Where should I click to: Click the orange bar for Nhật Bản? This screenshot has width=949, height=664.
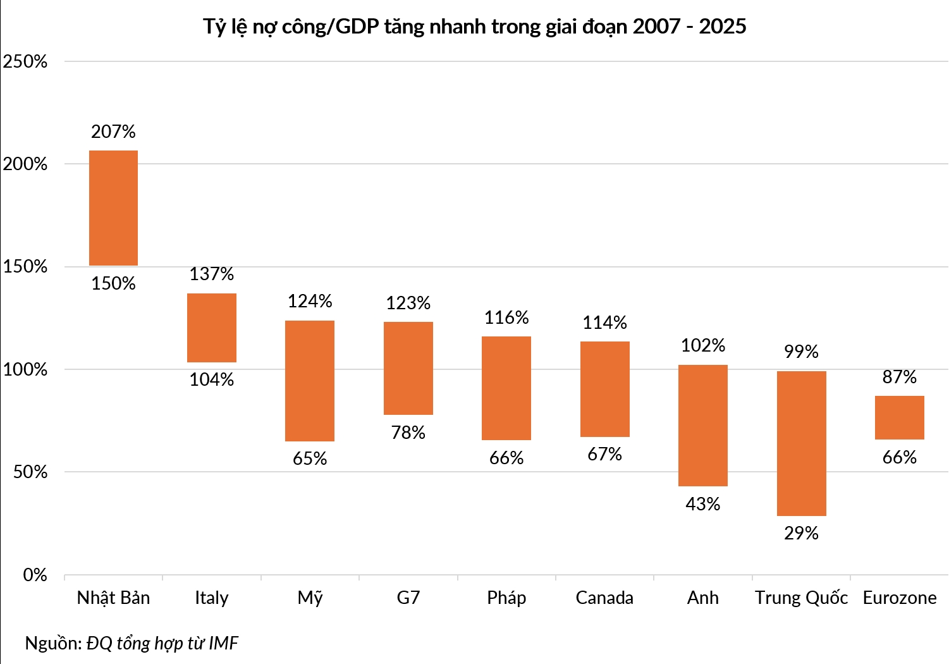point(113,208)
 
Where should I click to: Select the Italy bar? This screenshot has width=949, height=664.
point(211,328)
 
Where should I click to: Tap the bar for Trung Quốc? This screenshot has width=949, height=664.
point(801,443)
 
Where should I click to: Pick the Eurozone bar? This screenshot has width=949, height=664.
point(900,417)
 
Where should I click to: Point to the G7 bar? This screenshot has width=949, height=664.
point(408,368)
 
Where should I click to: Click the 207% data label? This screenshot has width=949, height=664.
point(113,132)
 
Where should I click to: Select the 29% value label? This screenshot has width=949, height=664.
point(801,533)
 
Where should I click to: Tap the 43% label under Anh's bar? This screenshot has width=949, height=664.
point(703,504)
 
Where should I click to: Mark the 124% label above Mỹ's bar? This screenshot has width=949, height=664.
point(310,301)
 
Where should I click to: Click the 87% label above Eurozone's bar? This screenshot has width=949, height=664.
point(900,377)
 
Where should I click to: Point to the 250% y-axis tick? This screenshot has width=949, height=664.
point(25,62)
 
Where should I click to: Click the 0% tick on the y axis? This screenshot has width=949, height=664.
point(35,575)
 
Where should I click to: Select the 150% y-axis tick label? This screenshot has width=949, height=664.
point(25,266)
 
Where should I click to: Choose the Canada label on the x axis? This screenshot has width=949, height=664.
point(604,598)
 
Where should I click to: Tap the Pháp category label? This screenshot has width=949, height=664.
point(506,598)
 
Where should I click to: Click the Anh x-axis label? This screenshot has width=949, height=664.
point(703,598)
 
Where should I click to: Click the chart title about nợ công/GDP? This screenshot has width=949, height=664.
point(474,27)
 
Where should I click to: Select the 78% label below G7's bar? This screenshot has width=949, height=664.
point(408,433)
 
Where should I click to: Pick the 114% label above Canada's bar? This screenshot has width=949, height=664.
point(604,323)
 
